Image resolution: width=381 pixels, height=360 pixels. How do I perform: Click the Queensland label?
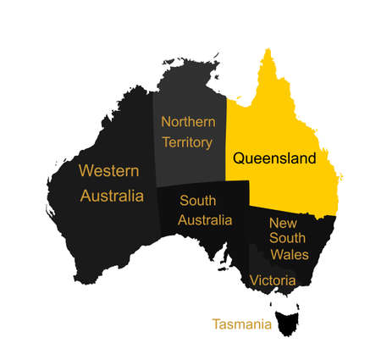pos(273,158)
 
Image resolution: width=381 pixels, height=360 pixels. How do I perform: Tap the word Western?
pos(108,170)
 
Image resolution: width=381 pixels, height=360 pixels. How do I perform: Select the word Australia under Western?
pos(112,196)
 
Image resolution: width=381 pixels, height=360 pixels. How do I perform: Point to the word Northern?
pos(187,121)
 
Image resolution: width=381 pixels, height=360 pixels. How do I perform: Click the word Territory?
pos(186,141)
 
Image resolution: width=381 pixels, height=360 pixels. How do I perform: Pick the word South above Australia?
pos(197,201)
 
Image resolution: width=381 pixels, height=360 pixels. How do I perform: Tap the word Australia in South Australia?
pos(204,220)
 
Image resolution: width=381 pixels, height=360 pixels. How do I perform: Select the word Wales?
pos(289,254)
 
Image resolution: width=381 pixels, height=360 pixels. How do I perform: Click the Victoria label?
pos(273,280)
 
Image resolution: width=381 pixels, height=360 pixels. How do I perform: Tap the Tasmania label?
pos(242,324)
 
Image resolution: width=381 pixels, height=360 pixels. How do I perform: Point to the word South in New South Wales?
pos(288,238)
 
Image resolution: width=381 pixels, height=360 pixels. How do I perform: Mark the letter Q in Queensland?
pos(239,158)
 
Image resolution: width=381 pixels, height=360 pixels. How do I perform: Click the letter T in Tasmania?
pos(216,324)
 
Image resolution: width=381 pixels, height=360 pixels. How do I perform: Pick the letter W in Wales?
pos(275,254)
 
